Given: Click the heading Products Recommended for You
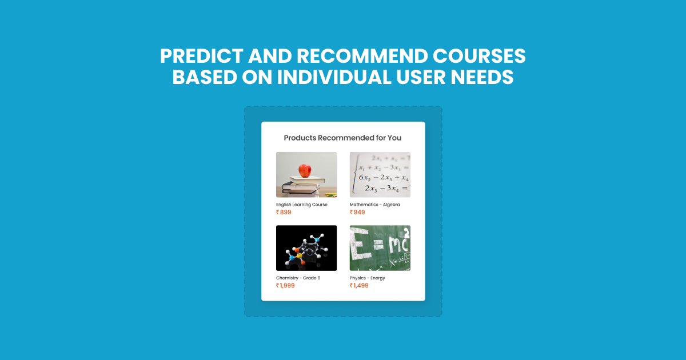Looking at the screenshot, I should (x=342, y=138).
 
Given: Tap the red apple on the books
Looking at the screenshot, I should (x=306, y=170).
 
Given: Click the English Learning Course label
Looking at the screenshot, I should (x=302, y=205).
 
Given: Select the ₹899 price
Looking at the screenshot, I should (x=284, y=213).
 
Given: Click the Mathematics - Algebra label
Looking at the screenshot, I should (x=374, y=205).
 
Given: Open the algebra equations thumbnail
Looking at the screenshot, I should (x=380, y=174).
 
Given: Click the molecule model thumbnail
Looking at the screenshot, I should (x=306, y=248).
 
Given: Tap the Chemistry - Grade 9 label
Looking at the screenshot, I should (x=298, y=278).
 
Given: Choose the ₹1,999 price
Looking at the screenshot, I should (x=286, y=286).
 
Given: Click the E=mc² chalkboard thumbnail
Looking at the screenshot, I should (x=380, y=248).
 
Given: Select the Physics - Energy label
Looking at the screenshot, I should (x=368, y=278).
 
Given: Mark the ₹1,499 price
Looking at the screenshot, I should (x=359, y=286).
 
